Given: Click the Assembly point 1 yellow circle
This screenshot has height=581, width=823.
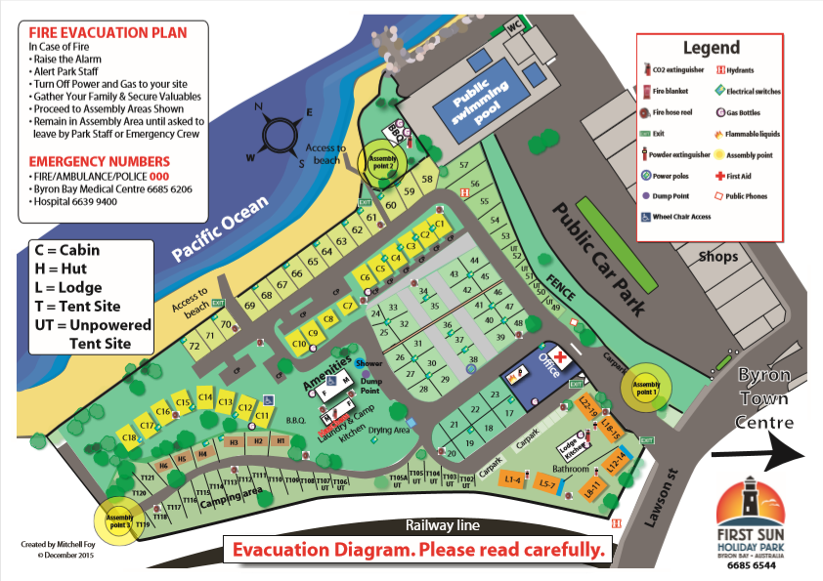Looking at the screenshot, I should pyautogui.click(x=646, y=387).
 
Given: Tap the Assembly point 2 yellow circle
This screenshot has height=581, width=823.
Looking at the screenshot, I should pyautogui.click(x=380, y=160).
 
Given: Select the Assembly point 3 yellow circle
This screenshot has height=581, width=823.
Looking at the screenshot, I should pyautogui.click(x=118, y=520).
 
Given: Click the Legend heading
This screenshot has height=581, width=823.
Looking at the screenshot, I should pyautogui.click(x=711, y=47).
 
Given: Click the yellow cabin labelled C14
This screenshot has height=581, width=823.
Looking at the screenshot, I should pyautogui.click(x=205, y=397).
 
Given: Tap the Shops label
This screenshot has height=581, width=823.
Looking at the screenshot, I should pyautogui.click(x=719, y=256).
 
